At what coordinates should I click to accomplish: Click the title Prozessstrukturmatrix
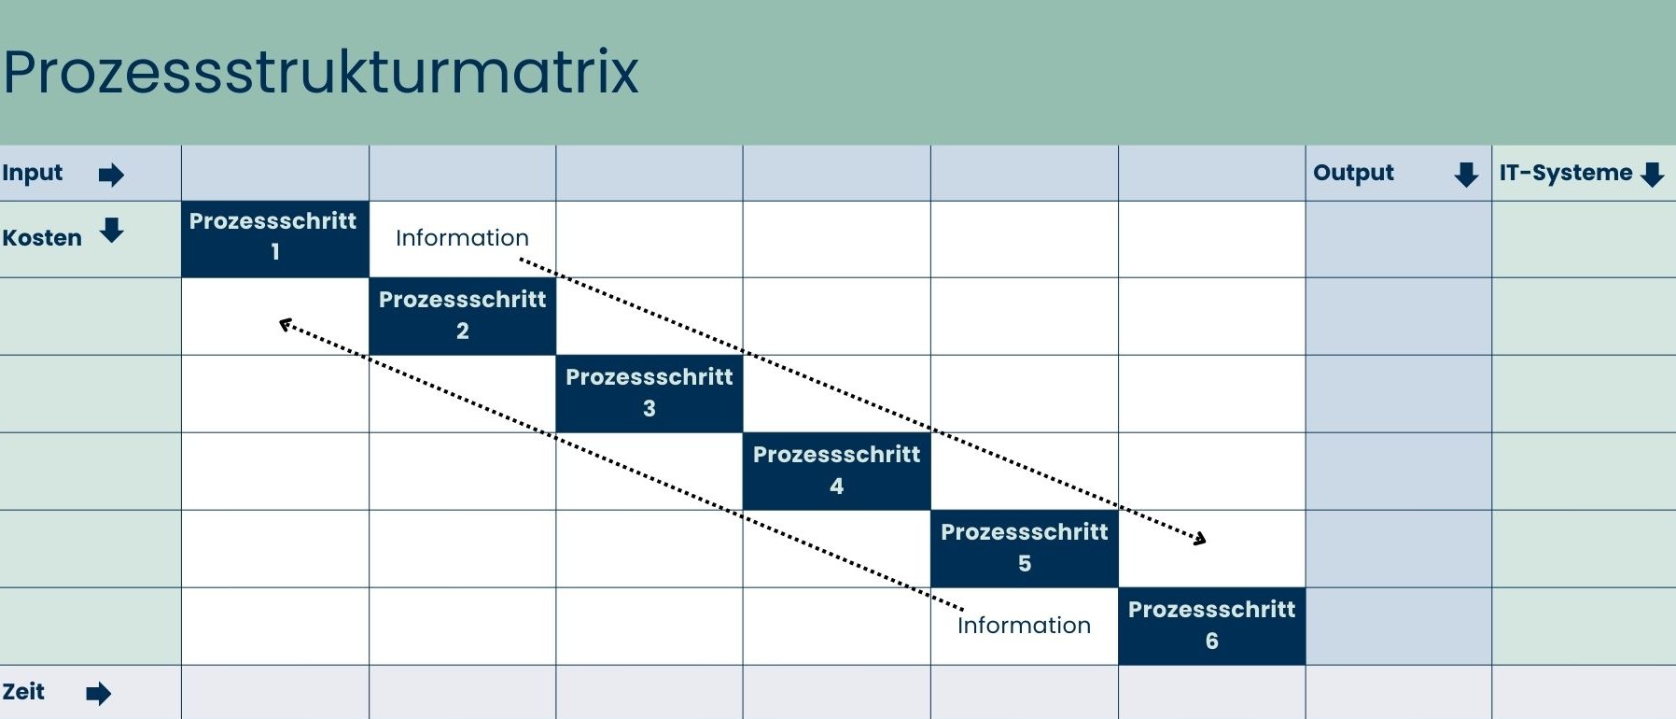point(320,72)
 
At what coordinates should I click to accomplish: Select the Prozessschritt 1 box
point(274,238)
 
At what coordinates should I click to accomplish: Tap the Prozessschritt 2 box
point(462,316)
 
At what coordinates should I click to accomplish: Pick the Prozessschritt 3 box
point(649,393)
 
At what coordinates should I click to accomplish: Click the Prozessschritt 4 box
point(836,471)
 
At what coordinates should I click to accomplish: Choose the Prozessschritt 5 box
point(1024,548)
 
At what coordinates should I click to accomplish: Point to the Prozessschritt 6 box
point(1211,626)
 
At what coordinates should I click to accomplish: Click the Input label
point(33,173)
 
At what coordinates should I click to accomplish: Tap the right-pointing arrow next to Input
point(111,175)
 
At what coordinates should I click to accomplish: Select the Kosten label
point(42,238)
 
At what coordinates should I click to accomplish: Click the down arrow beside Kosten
point(112,230)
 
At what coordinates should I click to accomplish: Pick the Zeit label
point(23,692)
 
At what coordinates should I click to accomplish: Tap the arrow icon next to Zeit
point(98,694)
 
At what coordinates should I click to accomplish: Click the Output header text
point(1353,173)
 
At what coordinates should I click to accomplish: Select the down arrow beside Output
point(1466,175)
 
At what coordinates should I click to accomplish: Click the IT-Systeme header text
point(1565,173)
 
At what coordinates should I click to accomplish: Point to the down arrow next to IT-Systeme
point(1653,175)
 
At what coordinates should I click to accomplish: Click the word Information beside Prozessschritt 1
point(462,238)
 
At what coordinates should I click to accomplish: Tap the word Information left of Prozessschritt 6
point(1024,626)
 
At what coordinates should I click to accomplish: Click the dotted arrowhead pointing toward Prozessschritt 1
point(286,324)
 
